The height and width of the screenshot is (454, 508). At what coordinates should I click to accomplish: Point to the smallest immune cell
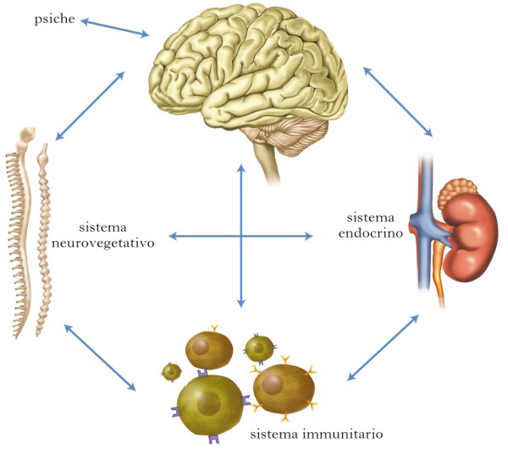pos(173,371)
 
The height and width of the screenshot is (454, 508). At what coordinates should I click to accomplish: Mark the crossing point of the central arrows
pos(242,235)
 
